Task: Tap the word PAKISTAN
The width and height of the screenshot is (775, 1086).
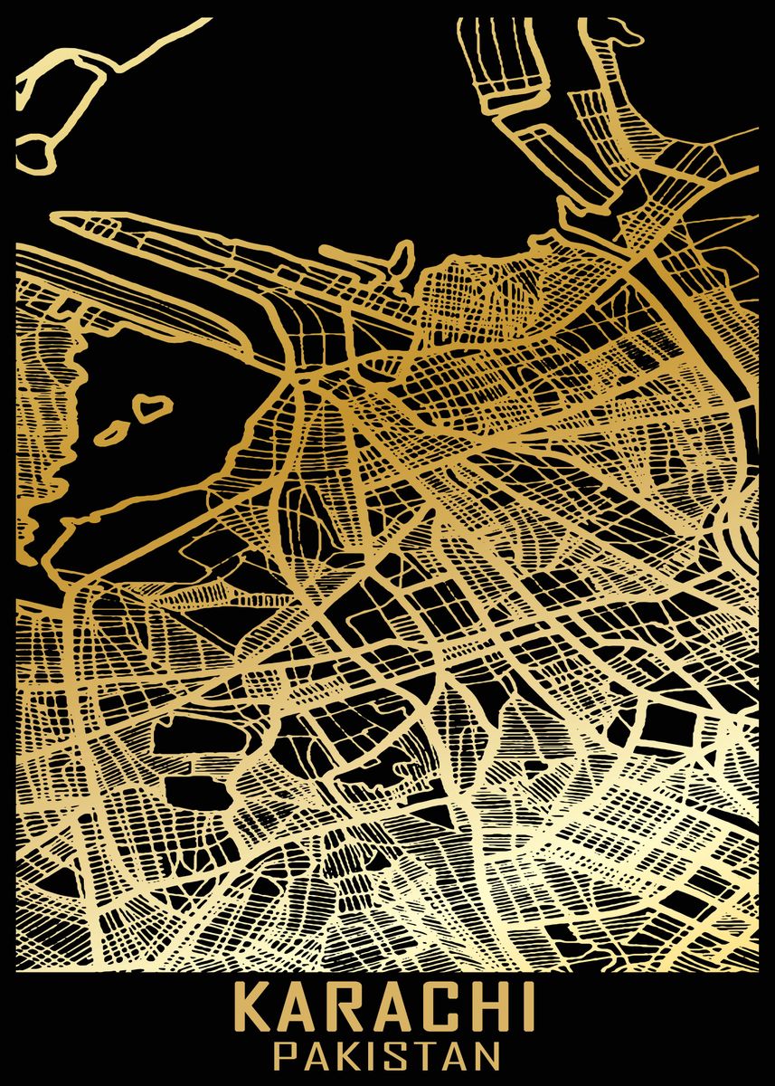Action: tap(387, 1055)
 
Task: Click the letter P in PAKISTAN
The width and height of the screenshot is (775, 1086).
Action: tap(285, 1055)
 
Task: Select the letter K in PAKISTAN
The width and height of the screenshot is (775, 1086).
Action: tap(342, 1055)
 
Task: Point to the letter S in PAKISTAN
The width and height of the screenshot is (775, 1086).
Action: tap(392, 1055)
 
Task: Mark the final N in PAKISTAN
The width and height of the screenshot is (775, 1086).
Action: tap(486, 1055)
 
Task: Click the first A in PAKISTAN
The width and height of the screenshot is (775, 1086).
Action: tap(312, 1055)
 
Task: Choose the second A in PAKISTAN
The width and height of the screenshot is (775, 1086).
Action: tap(451, 1055)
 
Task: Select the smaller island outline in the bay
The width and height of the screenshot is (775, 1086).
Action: tap(110, 433)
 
